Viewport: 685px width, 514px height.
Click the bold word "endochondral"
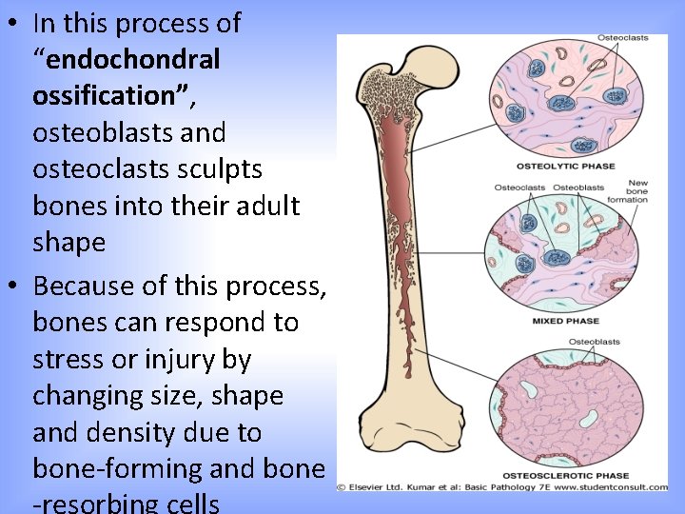click(133, 59)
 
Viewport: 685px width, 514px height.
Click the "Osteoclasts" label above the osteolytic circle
click(623, 37)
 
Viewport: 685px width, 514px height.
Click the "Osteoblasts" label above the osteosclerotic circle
click(594, 341)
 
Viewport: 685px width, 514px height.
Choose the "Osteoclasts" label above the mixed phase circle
click(519, 188)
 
